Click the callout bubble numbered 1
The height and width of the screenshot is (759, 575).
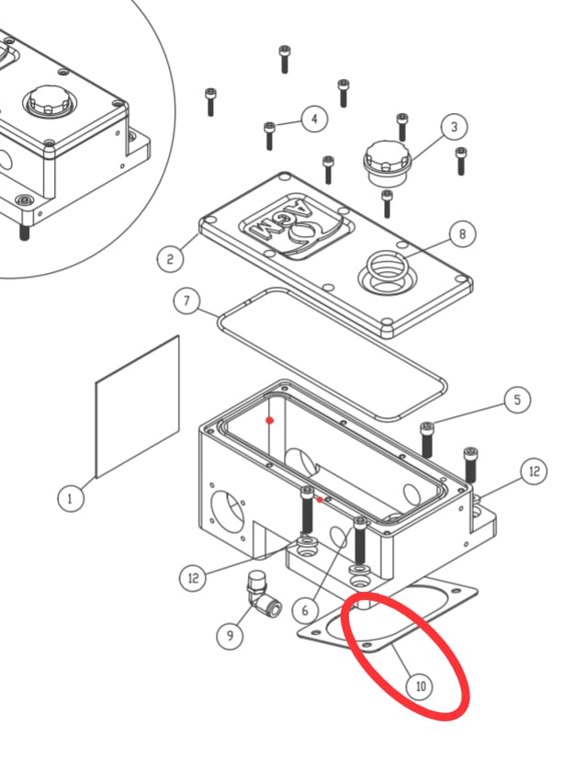[71, 498]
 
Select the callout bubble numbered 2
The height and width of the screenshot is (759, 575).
[170, 258]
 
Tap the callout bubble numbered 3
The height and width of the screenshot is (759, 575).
[454, 127]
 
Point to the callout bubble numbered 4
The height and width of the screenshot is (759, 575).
[314, 119]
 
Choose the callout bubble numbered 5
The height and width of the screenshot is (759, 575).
[517, 400]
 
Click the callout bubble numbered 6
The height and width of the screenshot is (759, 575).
[305, 610]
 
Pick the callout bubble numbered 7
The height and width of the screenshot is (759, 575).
[186, 300]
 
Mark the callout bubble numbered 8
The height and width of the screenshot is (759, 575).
[462, 233]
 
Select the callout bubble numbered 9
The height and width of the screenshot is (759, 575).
[230, 635]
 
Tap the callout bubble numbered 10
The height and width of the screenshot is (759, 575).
[420, 685]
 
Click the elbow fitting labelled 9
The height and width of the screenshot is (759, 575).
[263, 595]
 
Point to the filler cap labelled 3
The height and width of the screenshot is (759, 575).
[388, 164]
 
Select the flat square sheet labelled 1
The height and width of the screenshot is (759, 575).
[138, 406]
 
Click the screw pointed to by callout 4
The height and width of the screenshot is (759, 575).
[269, 136]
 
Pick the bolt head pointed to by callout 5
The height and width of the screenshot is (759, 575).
[427, 427]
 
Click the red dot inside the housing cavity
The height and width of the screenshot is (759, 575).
[270, 421]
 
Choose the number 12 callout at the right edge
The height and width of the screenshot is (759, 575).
[534, 471]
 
